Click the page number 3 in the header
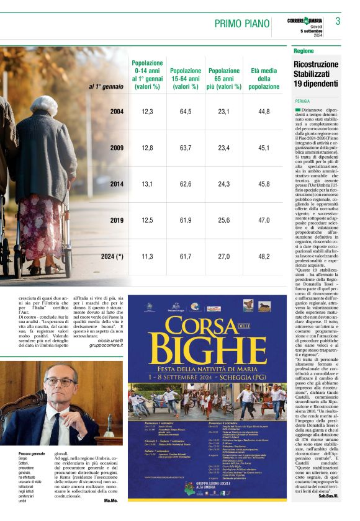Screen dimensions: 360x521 click(338, 22)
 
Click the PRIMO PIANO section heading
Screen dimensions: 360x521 click(242, 24)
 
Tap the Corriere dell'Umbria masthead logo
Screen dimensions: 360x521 click(305, 21)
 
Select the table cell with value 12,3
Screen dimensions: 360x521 click(147, 112)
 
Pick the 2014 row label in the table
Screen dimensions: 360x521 click(117, 184)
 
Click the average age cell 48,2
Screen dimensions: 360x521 click(264, 256)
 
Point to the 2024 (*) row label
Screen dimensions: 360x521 click(112, 256)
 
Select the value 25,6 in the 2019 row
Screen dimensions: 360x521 click(224, 220)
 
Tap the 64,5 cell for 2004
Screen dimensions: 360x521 click(186, 112)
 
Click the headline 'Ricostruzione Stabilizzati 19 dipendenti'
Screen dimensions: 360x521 click(316, 74)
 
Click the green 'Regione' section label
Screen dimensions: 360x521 click(304, 51)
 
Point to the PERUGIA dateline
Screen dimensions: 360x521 click(303, 100)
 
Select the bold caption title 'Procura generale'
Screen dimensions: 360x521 click(32, 455)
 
